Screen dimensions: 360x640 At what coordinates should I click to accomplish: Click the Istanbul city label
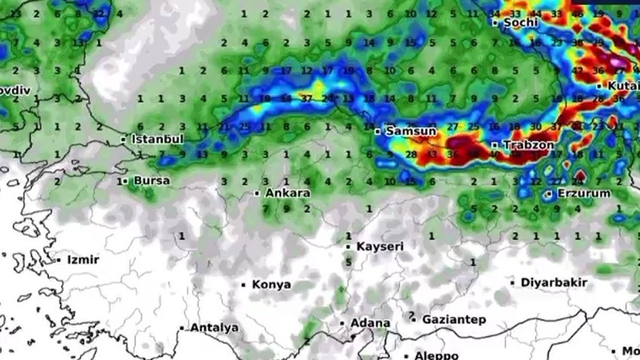point(157,139)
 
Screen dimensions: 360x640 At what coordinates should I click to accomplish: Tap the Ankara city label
point(288,194)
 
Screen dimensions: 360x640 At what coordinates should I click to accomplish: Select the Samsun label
point(410,131)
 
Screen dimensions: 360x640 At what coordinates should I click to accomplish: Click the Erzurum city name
point(583,194)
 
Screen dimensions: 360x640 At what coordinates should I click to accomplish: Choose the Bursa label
point(151,181)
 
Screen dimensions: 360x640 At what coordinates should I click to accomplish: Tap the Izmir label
point(83,260)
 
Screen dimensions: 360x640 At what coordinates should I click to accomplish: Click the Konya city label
point(271,285)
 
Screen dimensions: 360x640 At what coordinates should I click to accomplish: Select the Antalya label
point(214,328)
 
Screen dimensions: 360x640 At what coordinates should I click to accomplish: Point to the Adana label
point(370,323)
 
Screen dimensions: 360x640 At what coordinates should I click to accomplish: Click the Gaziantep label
point(453,319)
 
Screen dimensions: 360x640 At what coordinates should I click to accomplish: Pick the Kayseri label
point(379,246)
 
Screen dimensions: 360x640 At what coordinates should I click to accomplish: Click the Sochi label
point(521,23)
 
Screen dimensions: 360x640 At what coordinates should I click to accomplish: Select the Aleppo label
point(436,355)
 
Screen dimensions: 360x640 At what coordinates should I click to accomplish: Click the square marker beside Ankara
point(257,194)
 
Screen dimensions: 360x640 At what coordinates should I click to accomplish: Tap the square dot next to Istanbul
point(123,139)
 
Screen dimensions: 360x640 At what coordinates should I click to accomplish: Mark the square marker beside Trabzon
point(495,145)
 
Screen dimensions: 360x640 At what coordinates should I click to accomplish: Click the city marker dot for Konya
point(243,285)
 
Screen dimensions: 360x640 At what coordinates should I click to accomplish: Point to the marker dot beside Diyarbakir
point(514,282)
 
